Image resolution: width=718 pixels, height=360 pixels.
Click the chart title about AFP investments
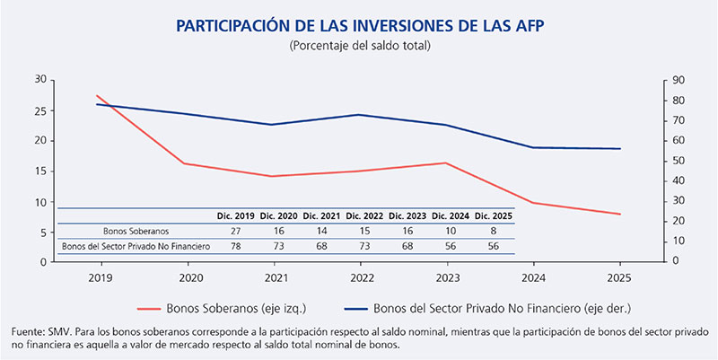[x=359, y=26]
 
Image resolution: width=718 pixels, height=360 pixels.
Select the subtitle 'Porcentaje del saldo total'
[x=359, y=46]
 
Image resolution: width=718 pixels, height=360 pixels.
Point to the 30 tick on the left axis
[x=40, y=80]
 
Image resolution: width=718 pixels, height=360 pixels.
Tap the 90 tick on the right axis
[x=678, y=80]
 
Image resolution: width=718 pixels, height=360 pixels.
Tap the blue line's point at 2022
[x=359, y=114]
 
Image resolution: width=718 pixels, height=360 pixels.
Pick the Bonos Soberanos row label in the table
[x=132, y=231]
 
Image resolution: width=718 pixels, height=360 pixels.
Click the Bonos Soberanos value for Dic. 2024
[x=451, y=231]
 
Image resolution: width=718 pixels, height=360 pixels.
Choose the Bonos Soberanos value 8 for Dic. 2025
[x=493, y=231]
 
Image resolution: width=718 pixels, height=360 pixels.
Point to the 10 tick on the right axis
[x=678, y=241]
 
